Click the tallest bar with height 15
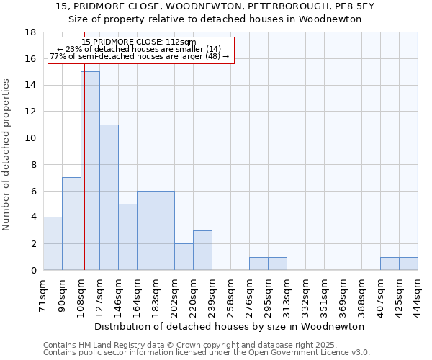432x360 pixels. [x=91, y=171]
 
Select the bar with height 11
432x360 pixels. [x=109, y=197]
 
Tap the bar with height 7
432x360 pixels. [x=71, y=223]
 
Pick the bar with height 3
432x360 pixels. [x=202, y=250]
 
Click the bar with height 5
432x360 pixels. [x=127, y=237]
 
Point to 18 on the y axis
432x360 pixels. [x=30, y=32]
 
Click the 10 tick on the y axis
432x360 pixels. [x=30, y=138]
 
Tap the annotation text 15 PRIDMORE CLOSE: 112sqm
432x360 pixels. [x=139, y=42]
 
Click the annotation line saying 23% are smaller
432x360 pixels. [x=139, y=49]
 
